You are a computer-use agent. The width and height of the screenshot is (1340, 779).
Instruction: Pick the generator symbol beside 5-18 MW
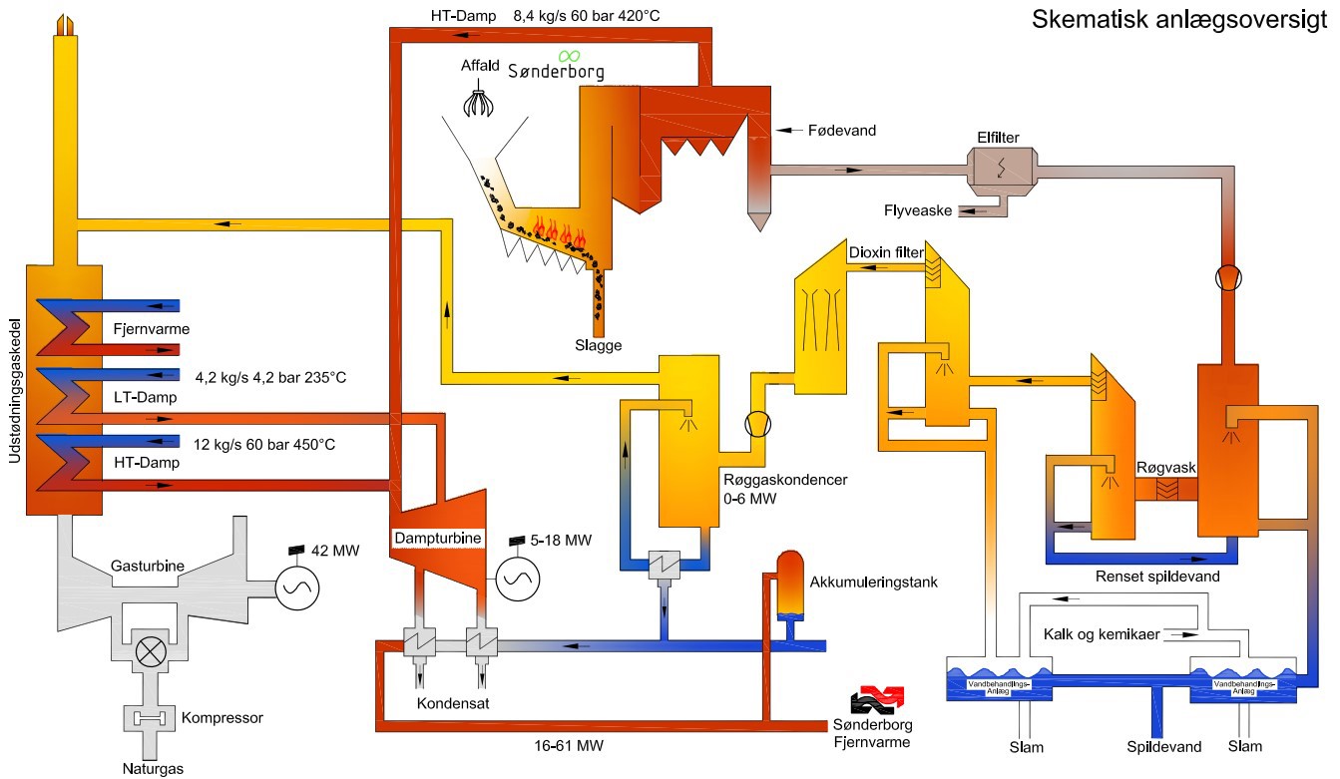[518, 576]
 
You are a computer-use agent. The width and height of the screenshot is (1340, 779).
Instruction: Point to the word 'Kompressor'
[223, 717]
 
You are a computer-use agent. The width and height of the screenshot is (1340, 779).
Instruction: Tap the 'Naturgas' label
[153, 768]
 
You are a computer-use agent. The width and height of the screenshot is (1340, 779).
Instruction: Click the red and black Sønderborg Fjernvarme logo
[874, 699]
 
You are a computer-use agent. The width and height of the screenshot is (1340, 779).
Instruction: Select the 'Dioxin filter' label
[885, 252]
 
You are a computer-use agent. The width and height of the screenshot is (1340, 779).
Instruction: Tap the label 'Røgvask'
[1160, 467]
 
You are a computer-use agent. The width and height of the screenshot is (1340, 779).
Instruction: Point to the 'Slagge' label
[598, 345]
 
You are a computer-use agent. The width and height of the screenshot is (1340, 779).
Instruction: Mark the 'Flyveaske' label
[917, 210]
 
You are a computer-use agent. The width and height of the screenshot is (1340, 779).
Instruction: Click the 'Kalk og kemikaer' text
[1102, 634]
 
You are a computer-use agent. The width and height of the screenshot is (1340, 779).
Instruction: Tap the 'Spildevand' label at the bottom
[1163, 746]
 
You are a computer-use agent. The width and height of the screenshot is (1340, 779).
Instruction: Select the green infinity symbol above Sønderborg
[570, 55]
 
